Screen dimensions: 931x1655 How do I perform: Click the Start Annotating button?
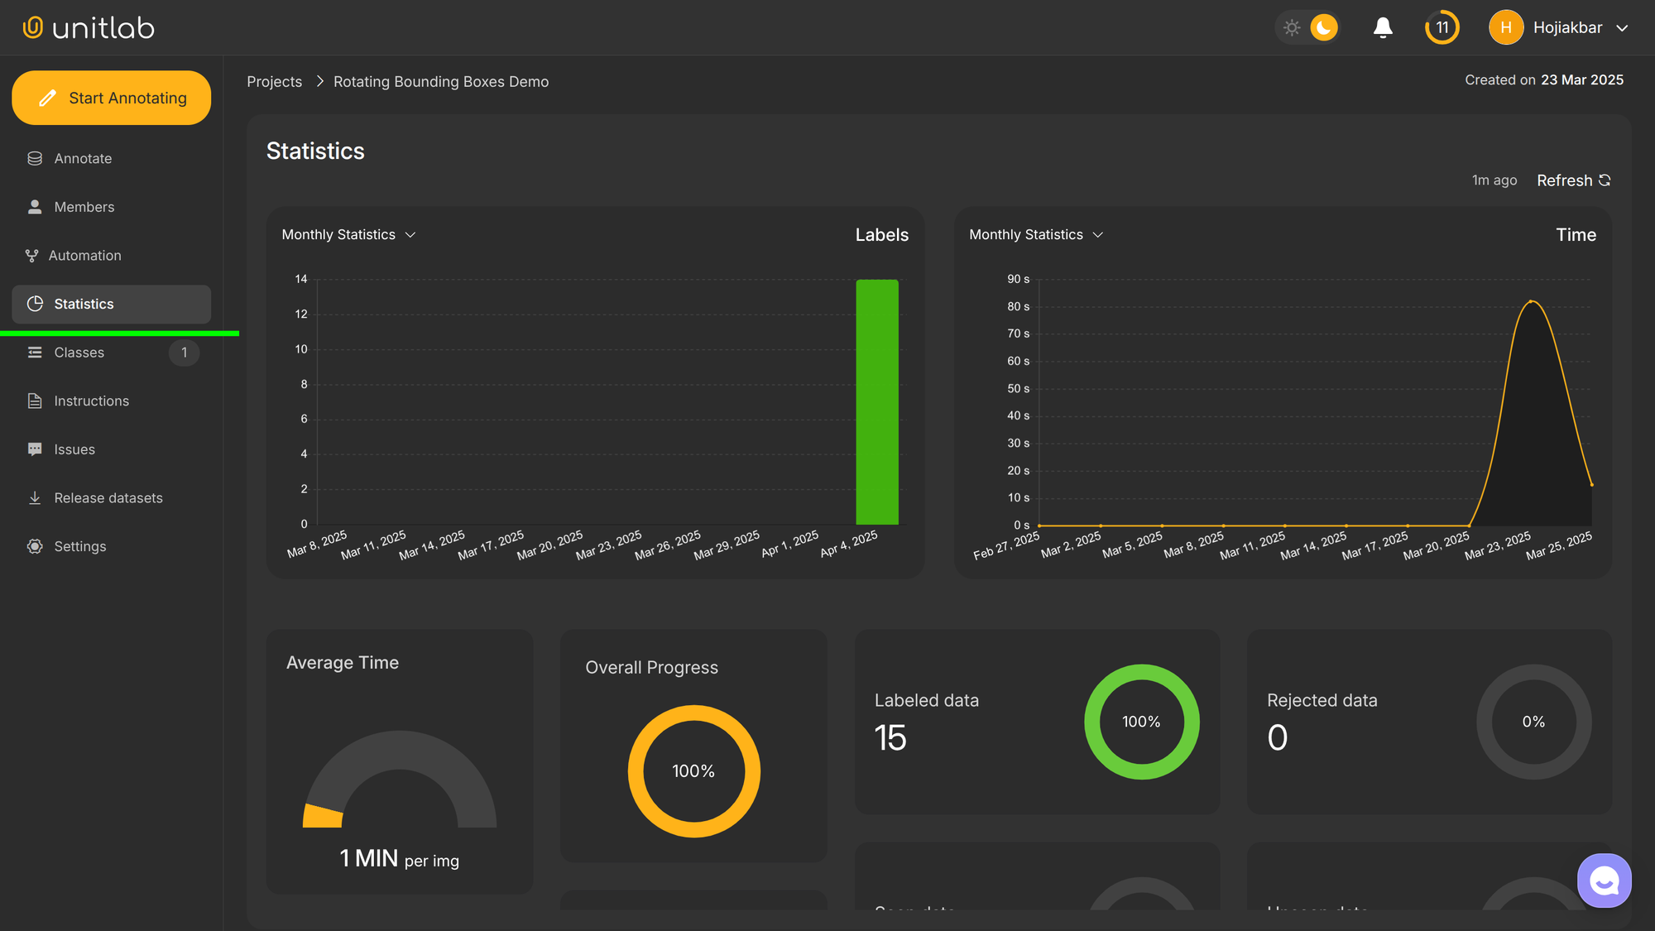coord(111,98)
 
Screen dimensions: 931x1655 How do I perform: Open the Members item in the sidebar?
coord(84,207)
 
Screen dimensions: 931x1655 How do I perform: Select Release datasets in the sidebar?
coord(108,498)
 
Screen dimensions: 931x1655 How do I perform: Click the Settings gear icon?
coord(35,546)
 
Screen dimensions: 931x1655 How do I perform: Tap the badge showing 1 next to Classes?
coord(184,353)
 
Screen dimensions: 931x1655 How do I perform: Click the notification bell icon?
coord(1383,28)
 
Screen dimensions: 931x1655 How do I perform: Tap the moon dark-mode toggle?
coord(1323,28)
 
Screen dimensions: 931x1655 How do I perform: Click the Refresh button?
coord(1573,180)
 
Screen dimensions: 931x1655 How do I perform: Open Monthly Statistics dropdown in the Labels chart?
coord(348,235)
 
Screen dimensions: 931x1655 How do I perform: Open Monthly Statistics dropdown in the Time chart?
coord(1036,235)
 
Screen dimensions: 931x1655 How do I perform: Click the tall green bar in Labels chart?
coord(877,401)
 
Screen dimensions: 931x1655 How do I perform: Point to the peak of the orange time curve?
coord(1532,301)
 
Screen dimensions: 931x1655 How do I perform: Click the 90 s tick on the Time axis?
coord(1018,279)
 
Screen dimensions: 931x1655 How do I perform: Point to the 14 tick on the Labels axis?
coord(301,279)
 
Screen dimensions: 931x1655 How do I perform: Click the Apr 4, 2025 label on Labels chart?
coord(849,544)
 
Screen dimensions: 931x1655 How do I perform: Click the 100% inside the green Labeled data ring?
coord(1141,722)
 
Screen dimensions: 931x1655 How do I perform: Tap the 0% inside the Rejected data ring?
coord(1533,722)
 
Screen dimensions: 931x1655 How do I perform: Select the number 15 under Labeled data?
coord(890,737)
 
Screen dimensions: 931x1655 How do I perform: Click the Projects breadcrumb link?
coord(274,81)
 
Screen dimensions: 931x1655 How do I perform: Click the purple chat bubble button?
coord(1604,881)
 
